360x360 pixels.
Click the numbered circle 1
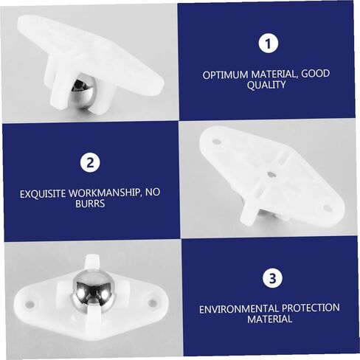click(x=268, y=44)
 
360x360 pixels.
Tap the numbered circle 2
click(x=90, y=162)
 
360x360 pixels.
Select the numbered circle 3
click(x=272, y=278)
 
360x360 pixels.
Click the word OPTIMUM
click(x=226, y=75)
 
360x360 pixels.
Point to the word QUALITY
click(x=266, y=85)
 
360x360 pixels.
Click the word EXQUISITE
click(x=43, y=194)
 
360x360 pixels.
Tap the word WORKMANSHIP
click(x=104, y=193)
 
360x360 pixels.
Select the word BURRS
click(x=90, y=204)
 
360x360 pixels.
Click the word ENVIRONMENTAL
click(x=239, y=309)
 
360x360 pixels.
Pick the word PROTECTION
click(x=311, y=308)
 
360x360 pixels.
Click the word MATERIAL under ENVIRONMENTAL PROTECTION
click(x=270, y=319)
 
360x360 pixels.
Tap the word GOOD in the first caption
click(x=316, y=73)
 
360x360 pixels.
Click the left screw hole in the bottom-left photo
click(x=30, y=304)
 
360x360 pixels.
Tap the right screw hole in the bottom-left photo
click(x=153, y=302)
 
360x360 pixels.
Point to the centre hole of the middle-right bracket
click(x=271, y=174)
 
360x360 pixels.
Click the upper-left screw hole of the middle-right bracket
click(x=216, y=142)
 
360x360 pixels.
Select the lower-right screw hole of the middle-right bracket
click(x=327, y=209)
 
